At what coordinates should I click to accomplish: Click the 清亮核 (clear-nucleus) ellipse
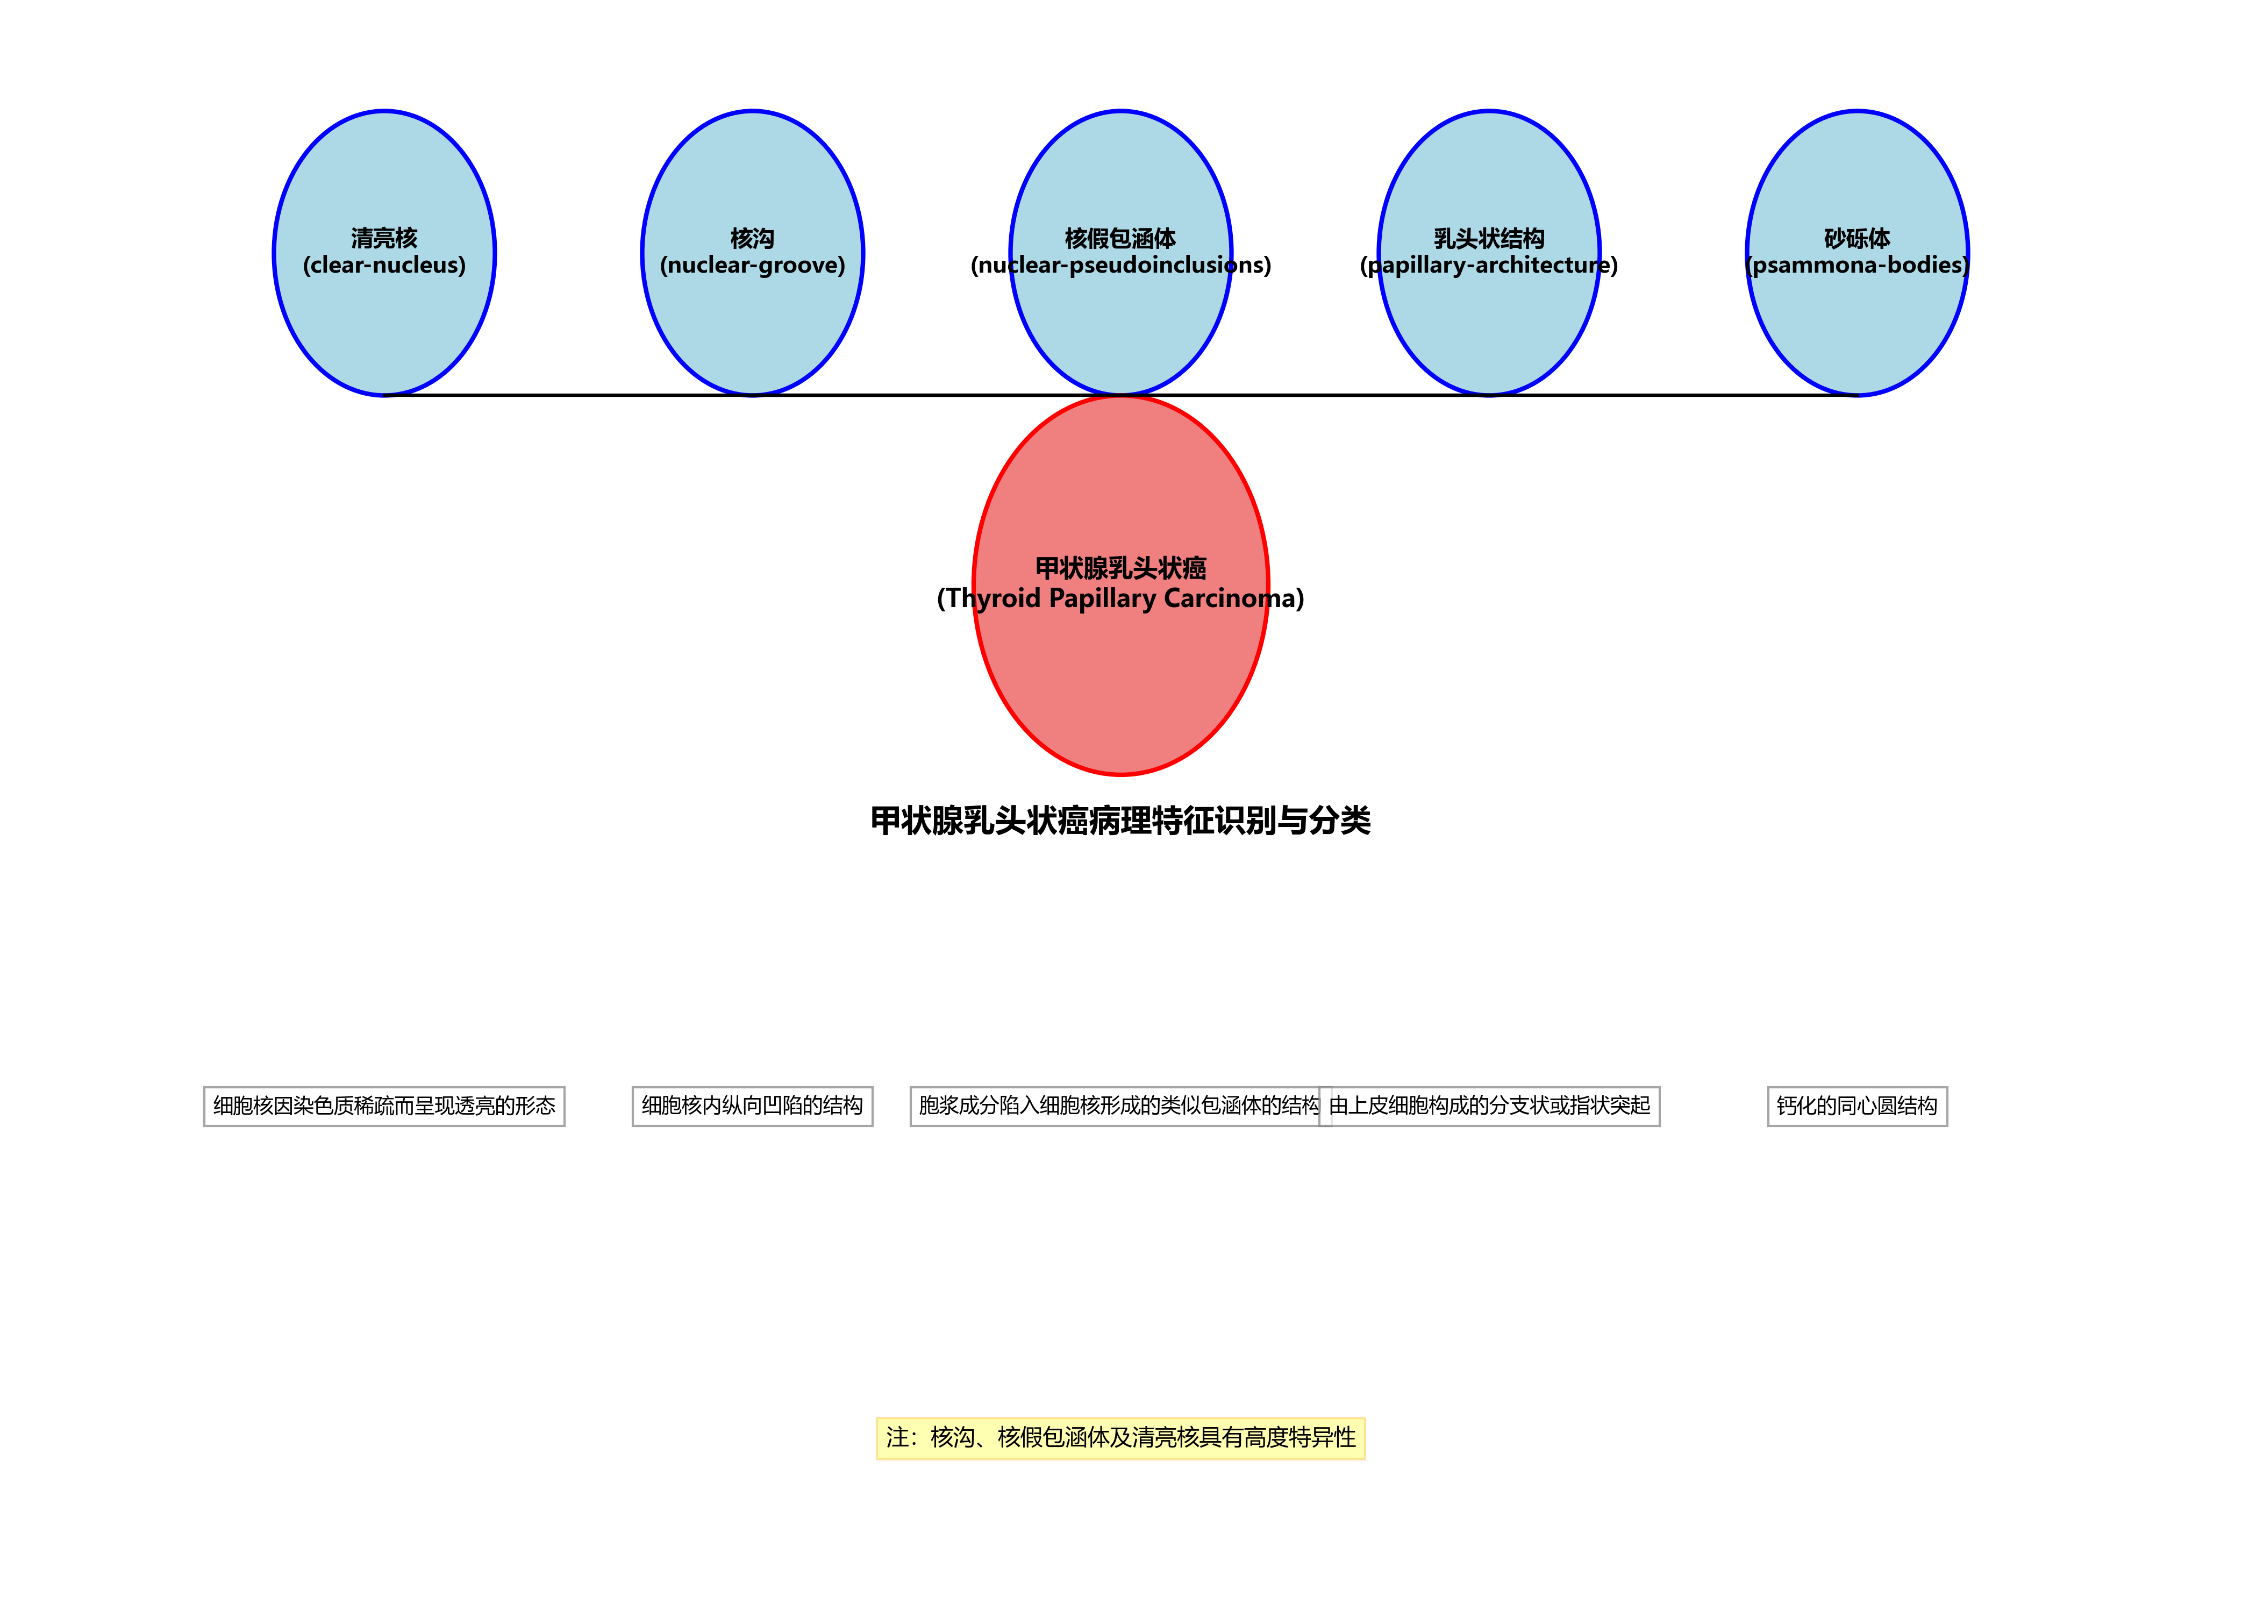point(383,325)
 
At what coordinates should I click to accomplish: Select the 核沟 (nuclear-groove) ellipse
point(752,325)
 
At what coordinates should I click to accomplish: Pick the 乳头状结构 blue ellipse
point(1489,325)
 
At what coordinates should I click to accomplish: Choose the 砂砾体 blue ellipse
point(1857,325)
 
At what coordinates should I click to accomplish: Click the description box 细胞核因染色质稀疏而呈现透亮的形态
point(383,1106)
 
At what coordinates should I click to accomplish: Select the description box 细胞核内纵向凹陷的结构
point(752,1106)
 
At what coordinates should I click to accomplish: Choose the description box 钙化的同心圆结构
point(1857,1106)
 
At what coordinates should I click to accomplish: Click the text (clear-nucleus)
point(383,266)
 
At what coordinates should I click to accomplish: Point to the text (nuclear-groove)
point(752,266)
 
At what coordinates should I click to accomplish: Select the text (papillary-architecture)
point(1489,266)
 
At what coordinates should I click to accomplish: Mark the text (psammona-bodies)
point(1857,266)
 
